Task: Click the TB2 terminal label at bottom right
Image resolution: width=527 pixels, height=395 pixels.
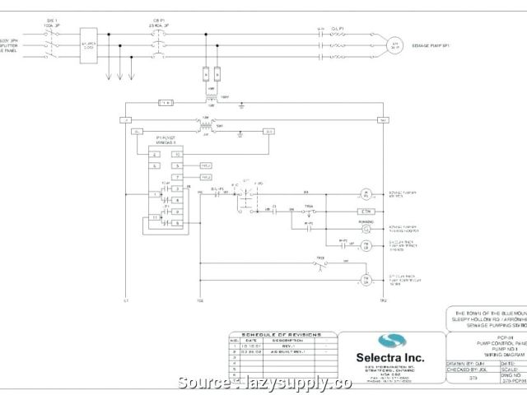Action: click(382, 300)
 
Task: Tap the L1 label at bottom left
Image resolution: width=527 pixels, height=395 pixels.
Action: click(126, 300)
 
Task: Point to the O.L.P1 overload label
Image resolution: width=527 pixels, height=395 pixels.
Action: click(336, 28)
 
